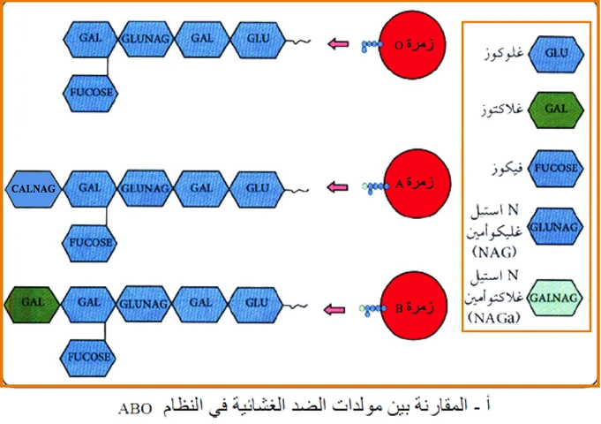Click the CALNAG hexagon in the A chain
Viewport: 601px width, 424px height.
click(x=34, y=188)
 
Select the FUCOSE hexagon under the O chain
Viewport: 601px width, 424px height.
click(x=90, y=88)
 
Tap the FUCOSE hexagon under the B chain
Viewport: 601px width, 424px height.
click(x=90, y=356)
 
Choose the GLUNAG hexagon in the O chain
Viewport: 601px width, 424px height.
click(x=145, y=39)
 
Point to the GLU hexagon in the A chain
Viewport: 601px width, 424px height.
click(x=257, y=188)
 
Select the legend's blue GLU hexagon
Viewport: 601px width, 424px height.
click(x=556, y=56)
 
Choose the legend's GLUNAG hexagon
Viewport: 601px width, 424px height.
click(x=556, y=228)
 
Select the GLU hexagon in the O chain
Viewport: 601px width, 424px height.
click(x=257, y=39)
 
